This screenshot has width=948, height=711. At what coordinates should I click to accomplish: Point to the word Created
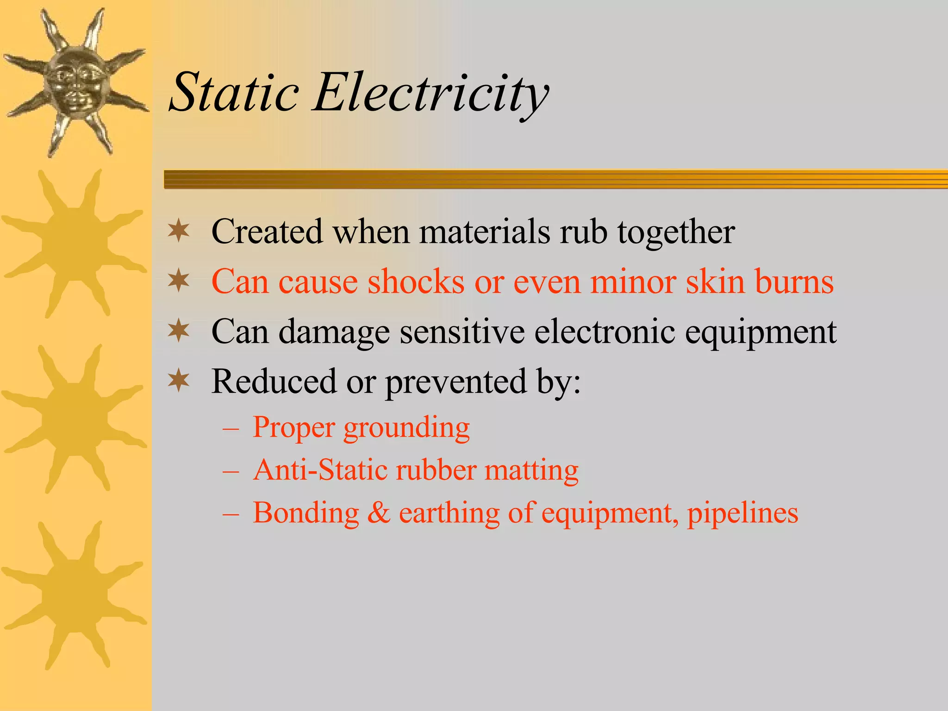pos(267,231)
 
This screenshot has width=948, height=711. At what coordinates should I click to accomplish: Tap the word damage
pos(334,332)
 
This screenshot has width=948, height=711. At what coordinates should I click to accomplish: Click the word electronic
pos(605,331)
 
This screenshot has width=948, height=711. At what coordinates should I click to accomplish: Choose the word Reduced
pos(274,381)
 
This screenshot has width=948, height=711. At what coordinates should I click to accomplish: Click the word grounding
pos(406,428)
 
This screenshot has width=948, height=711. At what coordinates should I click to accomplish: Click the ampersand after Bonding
pos(379,513)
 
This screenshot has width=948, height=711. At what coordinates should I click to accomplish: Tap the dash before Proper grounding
pos(231,429)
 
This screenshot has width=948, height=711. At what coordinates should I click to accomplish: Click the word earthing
pos(449,513)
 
